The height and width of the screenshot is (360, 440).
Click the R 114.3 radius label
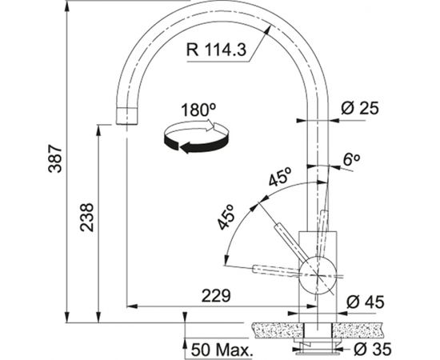(x=216, y=50)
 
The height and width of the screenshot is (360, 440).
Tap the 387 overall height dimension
(x=55, y=158)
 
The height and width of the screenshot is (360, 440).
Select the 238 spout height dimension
(x=86, y=217)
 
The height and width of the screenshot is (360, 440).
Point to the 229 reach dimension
(x=216, y=295)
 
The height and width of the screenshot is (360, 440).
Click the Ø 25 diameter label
(x=360, y=108)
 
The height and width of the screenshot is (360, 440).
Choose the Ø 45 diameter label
(x=365, y=302)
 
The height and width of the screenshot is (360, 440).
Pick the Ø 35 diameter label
(x=372, y=349)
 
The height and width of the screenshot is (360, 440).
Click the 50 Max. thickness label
(x=221, y=350)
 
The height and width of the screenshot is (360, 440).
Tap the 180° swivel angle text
(x=198, y=110)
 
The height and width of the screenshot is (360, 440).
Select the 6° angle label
(x=351, y=160)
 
